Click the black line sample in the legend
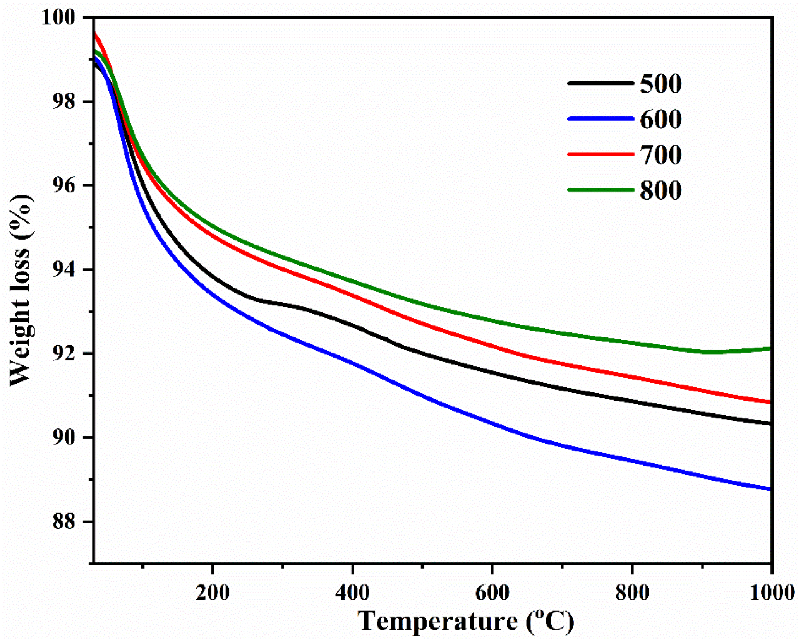pos(600,83)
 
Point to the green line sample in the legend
pos(600,190)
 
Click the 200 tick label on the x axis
pos(212,593)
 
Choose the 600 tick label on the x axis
pos(492,593)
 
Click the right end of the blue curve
pos(770,489)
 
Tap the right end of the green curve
pos(770,349)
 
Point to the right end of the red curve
pos(770,403)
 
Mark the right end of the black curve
pos(770,424)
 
